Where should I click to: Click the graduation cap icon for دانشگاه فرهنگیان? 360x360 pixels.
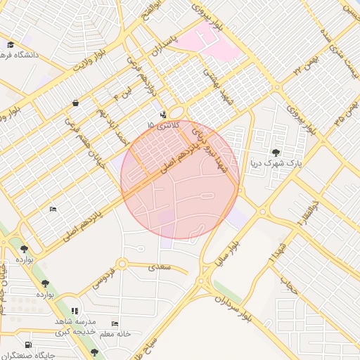pos(10,44)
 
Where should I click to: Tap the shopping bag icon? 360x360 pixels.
pos(75,103)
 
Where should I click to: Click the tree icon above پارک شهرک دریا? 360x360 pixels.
pos(275,153)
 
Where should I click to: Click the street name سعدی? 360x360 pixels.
pos(159,268)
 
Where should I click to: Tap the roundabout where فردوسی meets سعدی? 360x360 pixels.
pos(122,264)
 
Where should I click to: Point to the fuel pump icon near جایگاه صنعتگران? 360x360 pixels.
pos(27,345)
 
